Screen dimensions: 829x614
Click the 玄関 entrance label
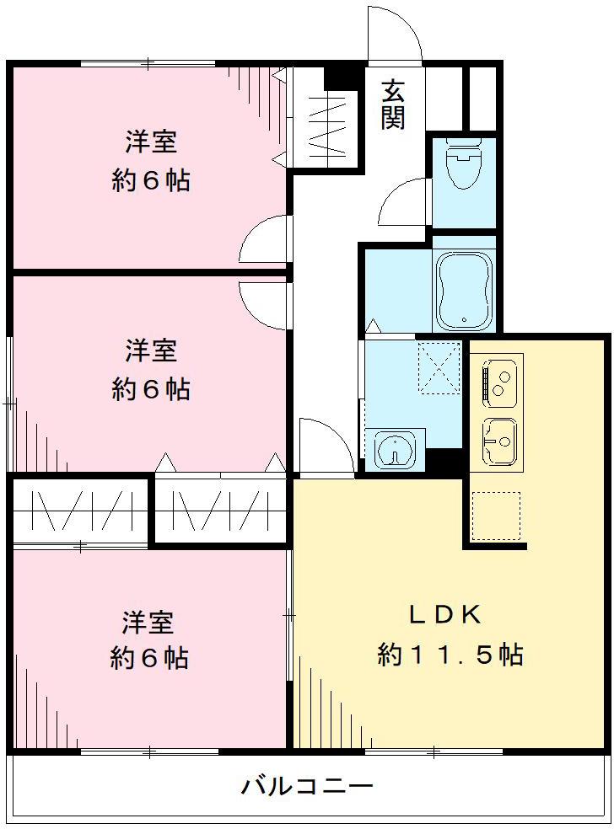(x=392, y=104)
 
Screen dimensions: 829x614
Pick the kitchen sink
(x=500, y=440)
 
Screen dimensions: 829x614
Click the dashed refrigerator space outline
(x=496, y=516)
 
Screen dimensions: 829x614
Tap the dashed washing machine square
(x=439, y=368)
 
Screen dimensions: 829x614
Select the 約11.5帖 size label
(x=450, y=654)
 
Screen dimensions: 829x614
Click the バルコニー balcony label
(x=307, y=788)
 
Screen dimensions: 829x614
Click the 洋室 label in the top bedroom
(x=151, y=142)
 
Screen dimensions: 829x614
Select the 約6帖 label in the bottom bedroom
(x=149, y=658)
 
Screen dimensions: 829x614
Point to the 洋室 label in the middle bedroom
(x=151, y=350)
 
